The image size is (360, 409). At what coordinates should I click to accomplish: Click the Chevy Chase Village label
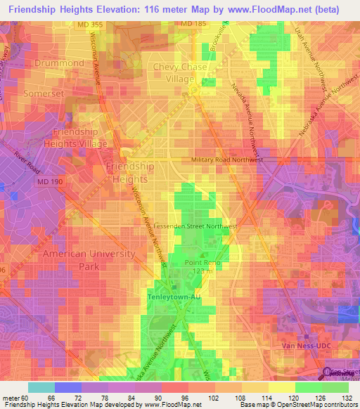click(181, 73)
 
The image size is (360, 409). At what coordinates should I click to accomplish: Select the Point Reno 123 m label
click(199, 266)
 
